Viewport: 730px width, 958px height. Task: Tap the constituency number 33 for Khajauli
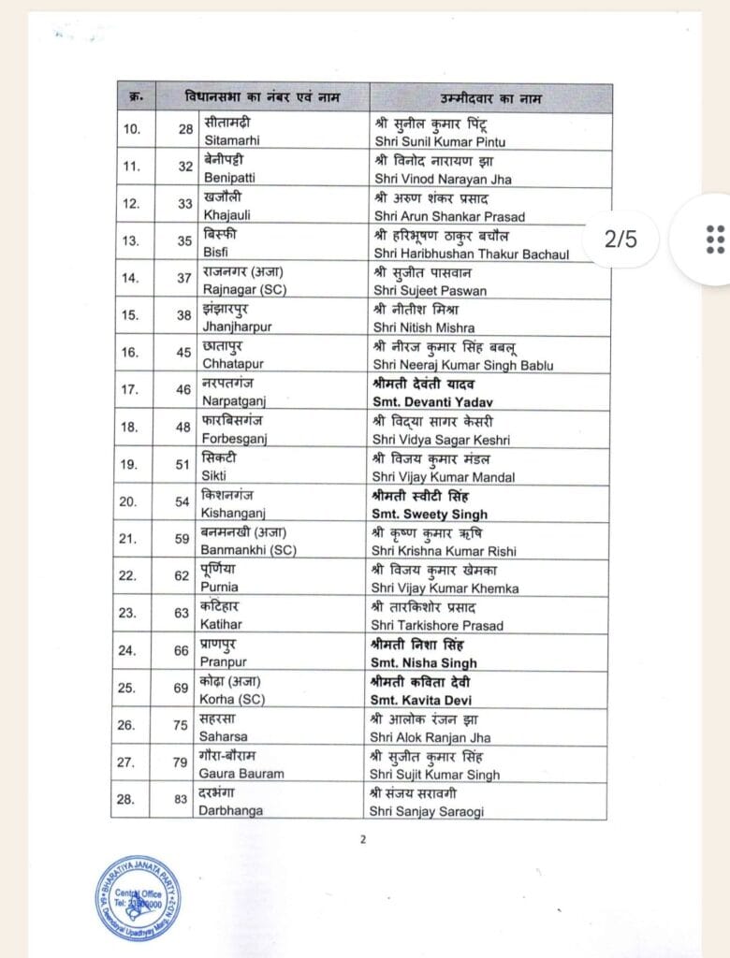183,203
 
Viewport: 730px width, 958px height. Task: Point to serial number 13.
131,240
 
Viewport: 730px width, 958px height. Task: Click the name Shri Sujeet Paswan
429,291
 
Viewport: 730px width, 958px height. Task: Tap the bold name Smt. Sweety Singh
430,514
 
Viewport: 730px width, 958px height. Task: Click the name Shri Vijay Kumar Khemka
445,588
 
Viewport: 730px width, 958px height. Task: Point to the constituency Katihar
221,626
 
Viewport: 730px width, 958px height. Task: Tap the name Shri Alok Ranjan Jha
431,737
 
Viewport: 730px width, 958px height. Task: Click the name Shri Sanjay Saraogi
428,811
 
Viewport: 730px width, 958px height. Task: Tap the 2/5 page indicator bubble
620,239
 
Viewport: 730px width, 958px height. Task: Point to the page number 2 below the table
362,839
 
